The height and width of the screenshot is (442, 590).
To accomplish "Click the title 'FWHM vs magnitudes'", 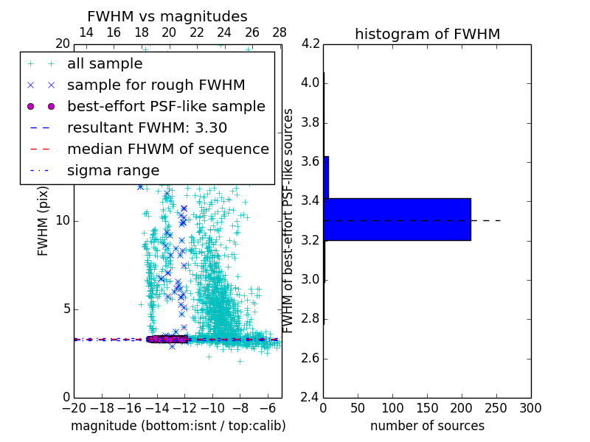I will coord(167,16).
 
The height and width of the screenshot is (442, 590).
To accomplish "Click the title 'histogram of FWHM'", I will coord(427,34).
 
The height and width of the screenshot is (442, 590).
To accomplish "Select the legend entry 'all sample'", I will coord(105,64).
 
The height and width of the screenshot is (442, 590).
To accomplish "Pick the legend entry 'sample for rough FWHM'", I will coord(156,85).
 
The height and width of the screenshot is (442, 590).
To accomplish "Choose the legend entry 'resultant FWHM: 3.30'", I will coord(147,127).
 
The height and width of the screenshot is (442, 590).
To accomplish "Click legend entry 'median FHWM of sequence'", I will coord(168,149).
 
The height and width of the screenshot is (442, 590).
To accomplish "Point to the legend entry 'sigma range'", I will coord(113,170).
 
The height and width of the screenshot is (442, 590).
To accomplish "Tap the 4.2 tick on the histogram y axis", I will coord(310,43).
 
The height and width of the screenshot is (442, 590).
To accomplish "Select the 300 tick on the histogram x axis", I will coord(530,408).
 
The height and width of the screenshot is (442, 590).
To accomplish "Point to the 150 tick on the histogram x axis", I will coord(427,408).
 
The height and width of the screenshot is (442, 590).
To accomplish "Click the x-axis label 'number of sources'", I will coord(427,426).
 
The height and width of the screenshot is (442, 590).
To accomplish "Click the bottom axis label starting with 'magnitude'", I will coord(178,426).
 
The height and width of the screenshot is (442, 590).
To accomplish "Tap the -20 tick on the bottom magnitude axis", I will coord(74,408).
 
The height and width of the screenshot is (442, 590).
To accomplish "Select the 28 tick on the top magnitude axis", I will coord(280,32).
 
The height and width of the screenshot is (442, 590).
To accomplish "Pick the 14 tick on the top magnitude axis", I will coord(86,32).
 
